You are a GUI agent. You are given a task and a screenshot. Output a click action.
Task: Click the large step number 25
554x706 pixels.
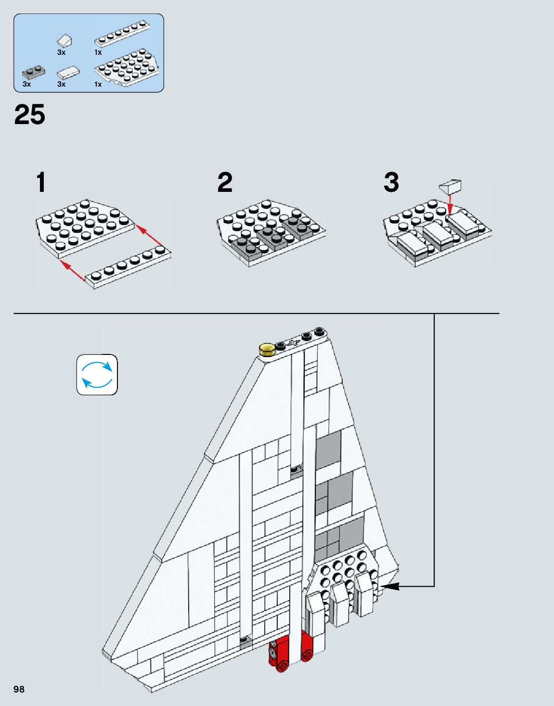[x=29, y=114]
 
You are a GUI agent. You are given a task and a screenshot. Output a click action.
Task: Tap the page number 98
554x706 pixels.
[x=19, y=689]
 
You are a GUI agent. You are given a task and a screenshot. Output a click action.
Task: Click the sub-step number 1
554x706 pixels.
[x=41, y=182]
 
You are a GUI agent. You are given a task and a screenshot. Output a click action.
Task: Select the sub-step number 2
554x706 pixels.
[x=225, y=182]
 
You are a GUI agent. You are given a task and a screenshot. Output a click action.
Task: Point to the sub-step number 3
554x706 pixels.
[x=391, y=182]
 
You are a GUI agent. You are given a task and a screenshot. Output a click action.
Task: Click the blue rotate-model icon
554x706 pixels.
[x=97, y=375]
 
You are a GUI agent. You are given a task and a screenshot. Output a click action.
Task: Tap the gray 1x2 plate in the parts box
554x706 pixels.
[x=32, y=73]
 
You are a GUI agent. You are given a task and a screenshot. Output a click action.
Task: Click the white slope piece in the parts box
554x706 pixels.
[x=64, y=40]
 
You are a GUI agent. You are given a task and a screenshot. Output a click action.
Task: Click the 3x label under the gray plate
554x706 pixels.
[x=26, y=85]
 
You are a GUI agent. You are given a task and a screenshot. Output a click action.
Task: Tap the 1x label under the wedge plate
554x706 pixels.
[x=98, y=85]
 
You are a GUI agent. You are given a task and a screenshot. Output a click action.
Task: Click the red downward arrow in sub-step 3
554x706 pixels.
[x=451, y=204]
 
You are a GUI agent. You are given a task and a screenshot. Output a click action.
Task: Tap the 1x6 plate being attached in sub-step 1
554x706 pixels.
[x=128, y=267]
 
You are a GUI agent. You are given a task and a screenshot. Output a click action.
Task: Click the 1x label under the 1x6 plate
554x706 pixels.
[x=98, y=52]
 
